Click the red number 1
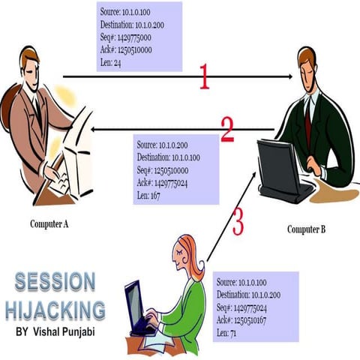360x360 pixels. (x=203, y=76)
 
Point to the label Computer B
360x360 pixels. (x=306, y=229)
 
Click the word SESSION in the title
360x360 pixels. (x=55, y=283)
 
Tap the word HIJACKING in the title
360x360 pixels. (x=55, y=308)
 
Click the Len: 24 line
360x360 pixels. (x=111, y=63)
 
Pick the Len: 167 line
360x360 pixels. (x=151, y=194)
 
